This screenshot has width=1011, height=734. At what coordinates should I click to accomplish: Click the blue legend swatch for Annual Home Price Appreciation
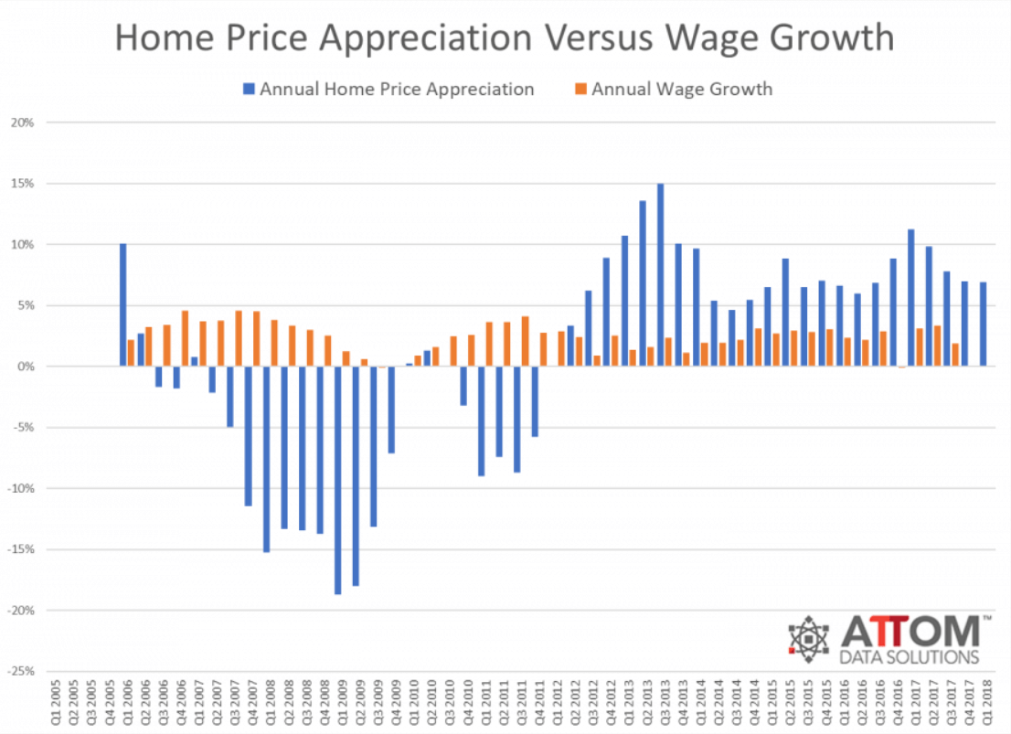click(248, 89)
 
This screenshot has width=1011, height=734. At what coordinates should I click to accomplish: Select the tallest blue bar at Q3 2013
click(660, 274)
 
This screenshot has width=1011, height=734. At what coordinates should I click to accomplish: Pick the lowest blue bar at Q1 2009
click(337, 480)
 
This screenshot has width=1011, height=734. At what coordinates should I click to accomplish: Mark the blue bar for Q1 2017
click(910, 297)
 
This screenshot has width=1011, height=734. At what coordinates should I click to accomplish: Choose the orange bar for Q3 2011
click(526, 341)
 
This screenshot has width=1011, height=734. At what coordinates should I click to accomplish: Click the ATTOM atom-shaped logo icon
click(808, 639)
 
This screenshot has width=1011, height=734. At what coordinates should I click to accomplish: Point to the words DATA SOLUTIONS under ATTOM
click(909, 657)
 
